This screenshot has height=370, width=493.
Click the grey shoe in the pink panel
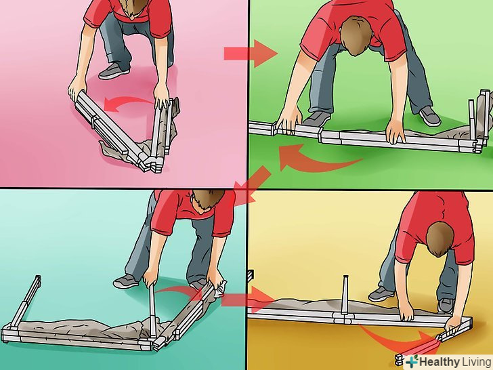[114, 70]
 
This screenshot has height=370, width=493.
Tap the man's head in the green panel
[356, 36]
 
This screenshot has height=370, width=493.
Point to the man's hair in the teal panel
[208, 198]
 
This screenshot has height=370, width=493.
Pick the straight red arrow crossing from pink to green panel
[251, 54]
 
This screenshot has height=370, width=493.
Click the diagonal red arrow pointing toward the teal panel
[251, 186]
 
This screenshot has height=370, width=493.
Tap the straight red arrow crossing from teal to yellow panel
[249, 300]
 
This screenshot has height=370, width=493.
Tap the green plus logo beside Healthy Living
[412, 361]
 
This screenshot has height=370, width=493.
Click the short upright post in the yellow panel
[345, 294]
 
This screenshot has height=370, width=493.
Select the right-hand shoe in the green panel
[430, 116]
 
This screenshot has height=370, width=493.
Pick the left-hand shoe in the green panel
[317, 119]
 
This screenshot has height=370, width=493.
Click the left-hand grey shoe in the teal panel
[126, 281]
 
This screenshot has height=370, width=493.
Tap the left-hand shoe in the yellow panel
[381, 294]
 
